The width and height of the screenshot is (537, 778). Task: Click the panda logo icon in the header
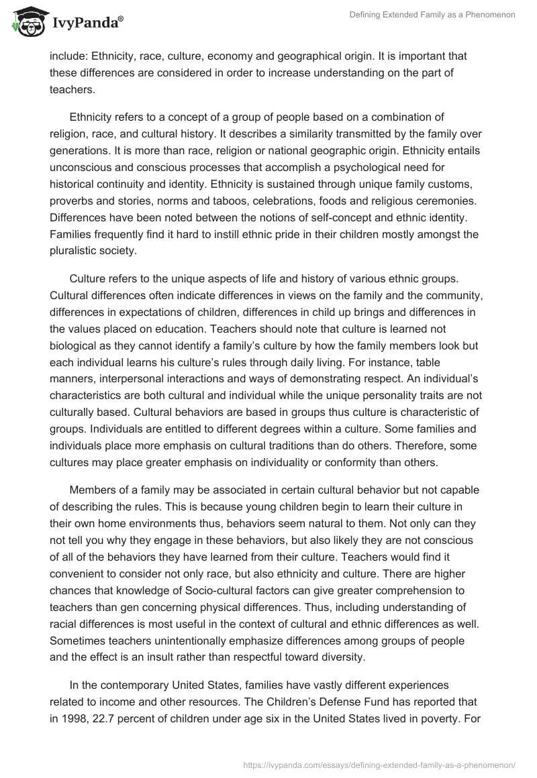(x=26, y=21)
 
